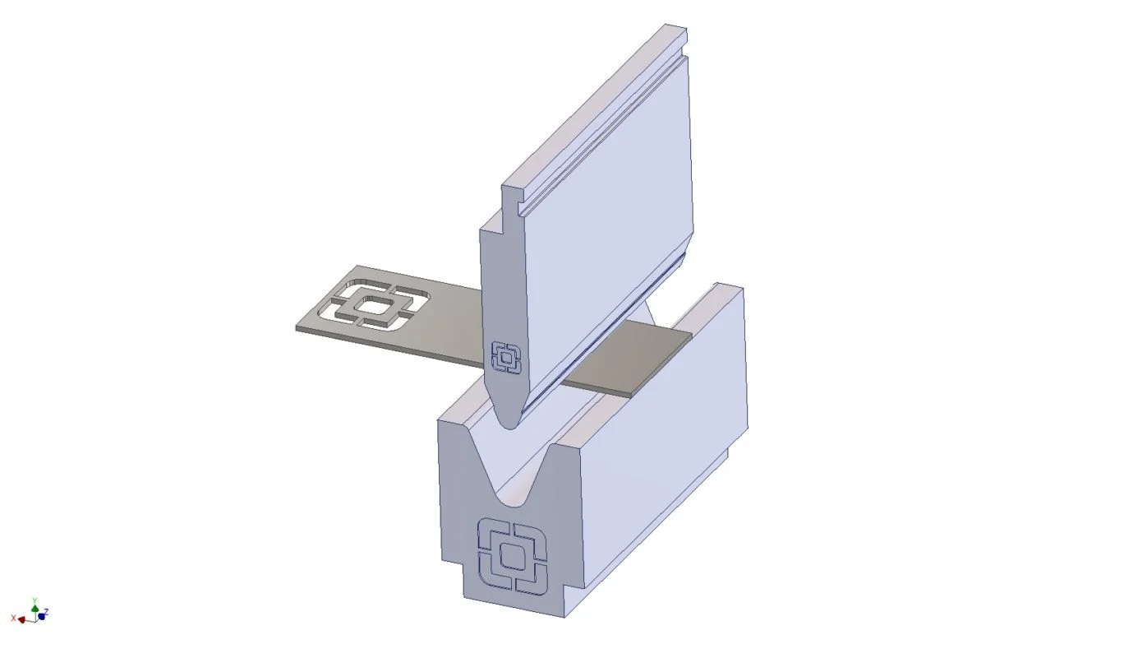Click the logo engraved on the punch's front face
pyautogui.click(x=506, y=358)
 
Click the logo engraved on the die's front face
pyautogui.click(x=512, y=556)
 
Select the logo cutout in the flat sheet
pyautogui.click(x=378, y=304)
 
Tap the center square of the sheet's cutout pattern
pyautogui.click(x=374, y=306)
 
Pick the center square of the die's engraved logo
pyautogui.click(x=512, y=556)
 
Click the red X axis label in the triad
pyautogui.click(x=13, y=619)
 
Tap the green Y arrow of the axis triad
pyautogui.click(x=35, y=608)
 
